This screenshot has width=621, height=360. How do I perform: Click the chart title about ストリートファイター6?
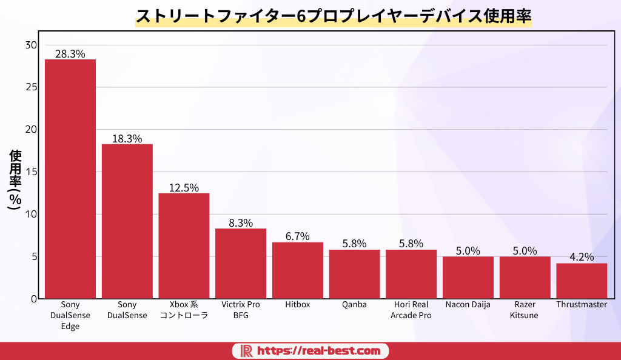333,16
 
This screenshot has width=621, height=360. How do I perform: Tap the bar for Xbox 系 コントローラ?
184,245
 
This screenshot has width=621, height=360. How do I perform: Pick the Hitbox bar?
298,270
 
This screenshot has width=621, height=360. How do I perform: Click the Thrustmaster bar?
582,281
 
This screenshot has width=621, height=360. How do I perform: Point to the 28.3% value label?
70,53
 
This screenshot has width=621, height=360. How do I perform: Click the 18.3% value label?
127,139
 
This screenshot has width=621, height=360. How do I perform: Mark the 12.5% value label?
184,188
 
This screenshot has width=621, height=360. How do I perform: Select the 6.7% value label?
298,236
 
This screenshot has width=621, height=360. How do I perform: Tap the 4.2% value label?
582,257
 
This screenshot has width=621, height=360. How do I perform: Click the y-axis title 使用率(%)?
15,179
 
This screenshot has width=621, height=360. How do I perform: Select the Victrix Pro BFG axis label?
241,310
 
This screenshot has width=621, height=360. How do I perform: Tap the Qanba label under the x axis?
354,305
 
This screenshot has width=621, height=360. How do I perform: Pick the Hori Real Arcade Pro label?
411,310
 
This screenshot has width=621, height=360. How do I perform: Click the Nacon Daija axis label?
468,305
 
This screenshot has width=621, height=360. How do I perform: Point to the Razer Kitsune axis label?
525,310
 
